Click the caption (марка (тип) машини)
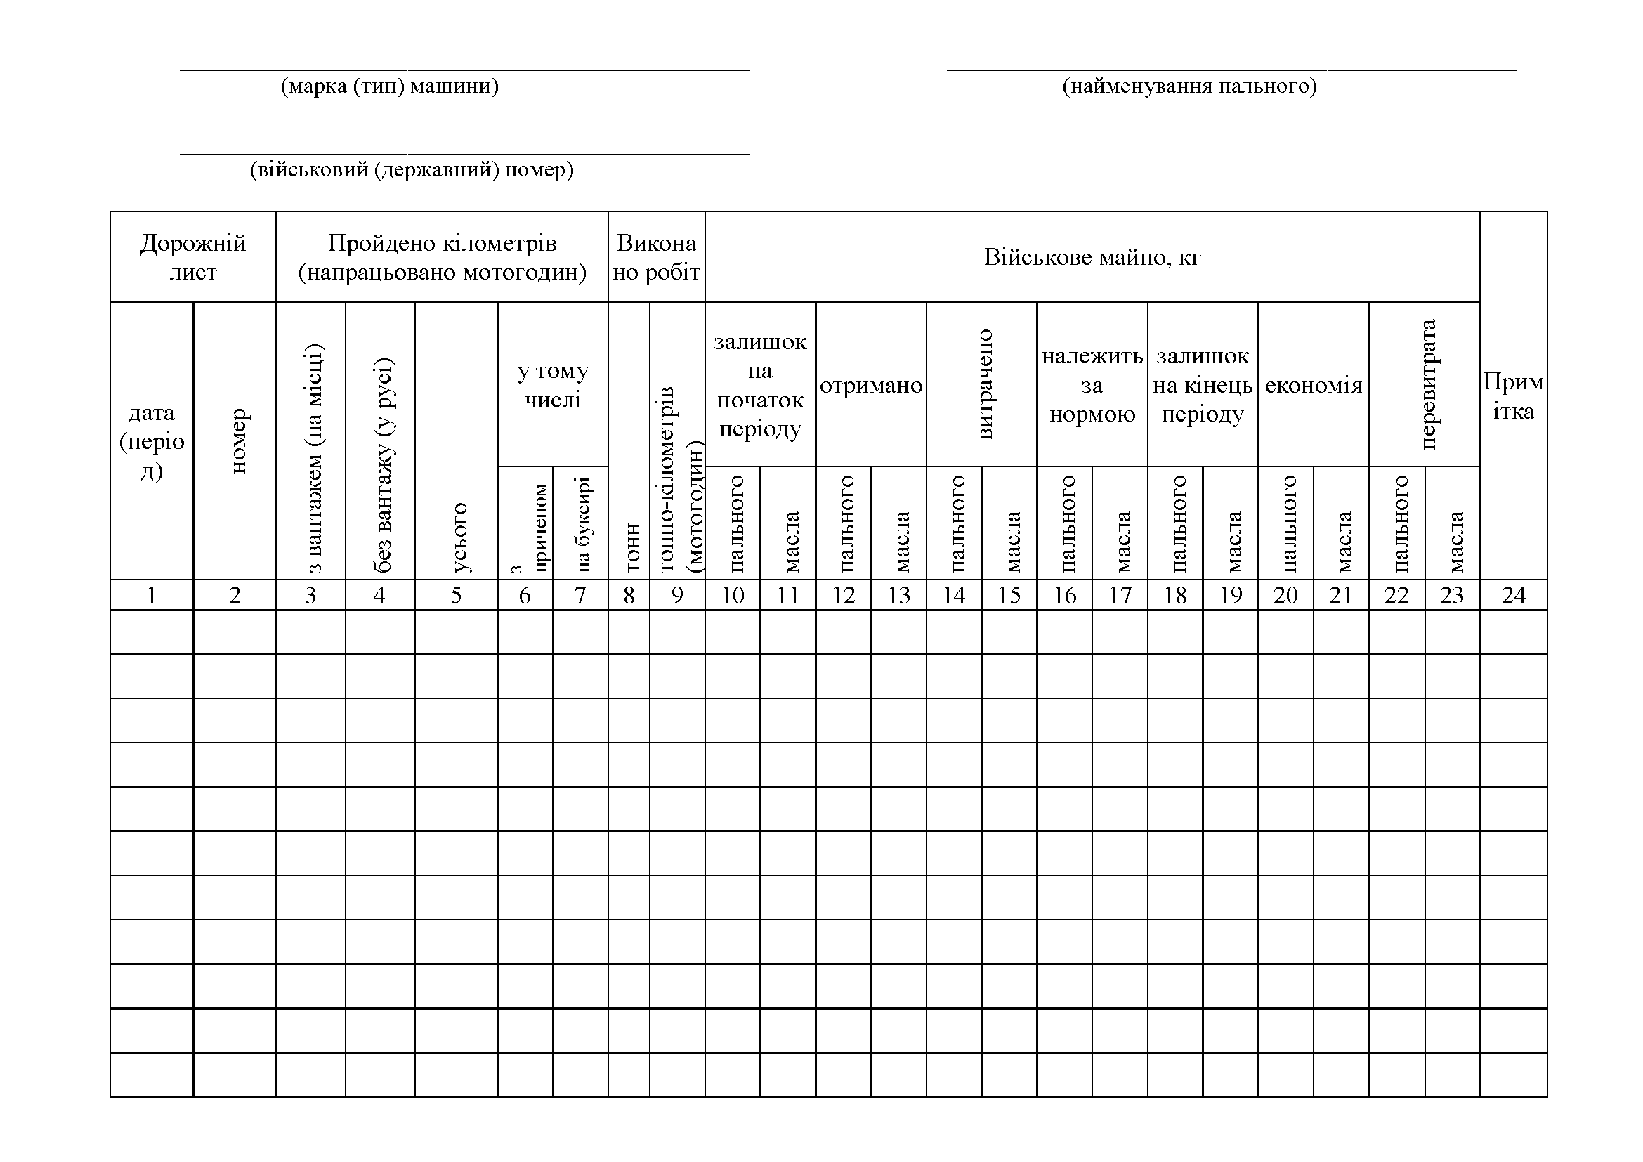click(389, 86)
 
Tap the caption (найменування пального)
click(1189, 86)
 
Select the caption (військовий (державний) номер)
click(412, 170)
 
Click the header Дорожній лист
click(193, 258)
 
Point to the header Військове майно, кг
click(1092, 257)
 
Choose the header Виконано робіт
click(656, 258)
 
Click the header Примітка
click(1513, 396)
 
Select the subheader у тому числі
click(552, 385)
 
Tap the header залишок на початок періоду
click(760, 385)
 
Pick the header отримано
click(871, 386)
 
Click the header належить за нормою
click(1092, 385)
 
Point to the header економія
click(1313, 386)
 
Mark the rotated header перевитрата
click(1427, 384)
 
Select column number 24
click(1513, 595)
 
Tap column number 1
click(152, 595)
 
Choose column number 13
click(899, 595)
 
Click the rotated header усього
click(459, 537)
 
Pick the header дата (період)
click(152, 441)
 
